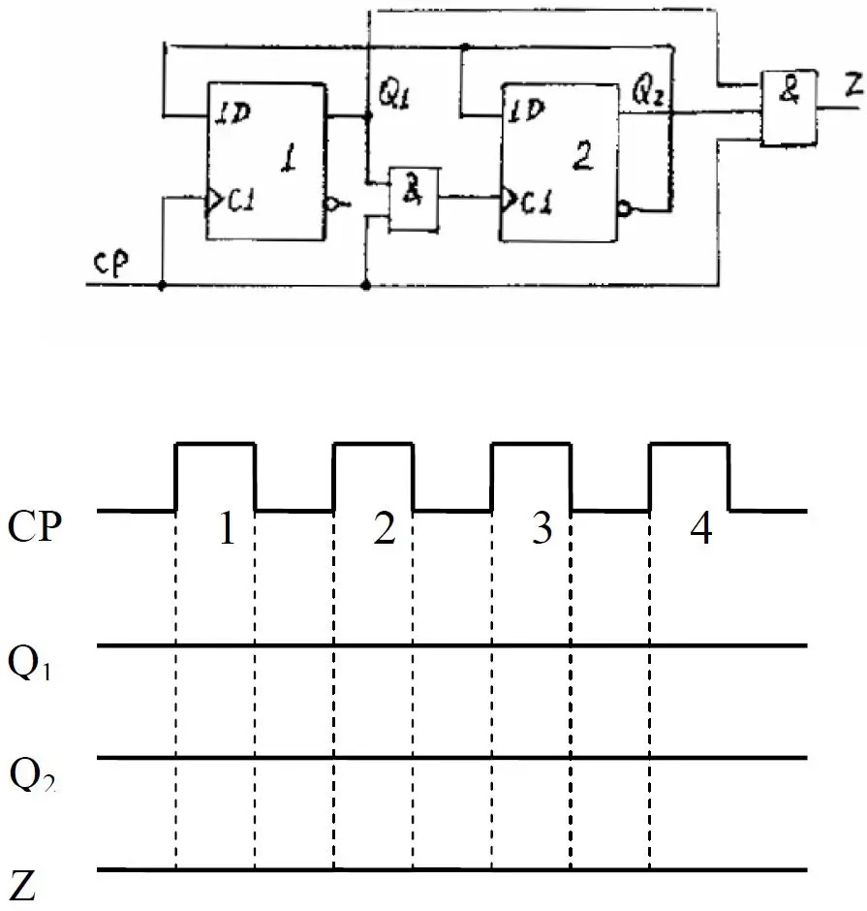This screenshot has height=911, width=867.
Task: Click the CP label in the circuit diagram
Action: pyautogui.click(x=110, y=265)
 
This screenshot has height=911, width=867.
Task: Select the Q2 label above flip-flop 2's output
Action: pyautogui.click(x=648, y=91)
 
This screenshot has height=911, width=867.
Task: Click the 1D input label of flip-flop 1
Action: pyautogui.click(x=232, y=112)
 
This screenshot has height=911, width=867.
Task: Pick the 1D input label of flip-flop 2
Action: pyautogui.click(x=526, y=110)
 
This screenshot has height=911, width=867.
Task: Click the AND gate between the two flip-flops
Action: pyautogui.click(x=414, y=200)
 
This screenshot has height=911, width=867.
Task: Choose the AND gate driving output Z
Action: pyautogui.click(x=790, y=109)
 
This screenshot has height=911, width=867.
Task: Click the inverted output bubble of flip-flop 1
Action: pyautogui.click(x=331, y=204)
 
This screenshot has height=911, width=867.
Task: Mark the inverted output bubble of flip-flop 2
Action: pyautogui.click(x=625, y=209)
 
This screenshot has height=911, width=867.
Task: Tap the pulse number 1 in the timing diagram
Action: pyautogui.click(x=227, y=528)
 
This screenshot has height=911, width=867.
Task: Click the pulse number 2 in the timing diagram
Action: pyautogui.click(x=385, y=529)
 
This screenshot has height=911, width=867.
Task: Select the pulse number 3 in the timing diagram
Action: pyautogui.click(x=542, y=529)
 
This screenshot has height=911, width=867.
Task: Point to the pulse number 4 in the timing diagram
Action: pyautogui.click(x=701, y=529)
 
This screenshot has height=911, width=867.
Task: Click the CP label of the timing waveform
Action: pyautogui.click(x=34, y=526)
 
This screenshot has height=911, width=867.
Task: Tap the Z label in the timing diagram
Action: pyautogui.click(x=23, y=887)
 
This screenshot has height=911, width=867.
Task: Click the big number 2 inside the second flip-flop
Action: pyautogui.click(x=582, y=155)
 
